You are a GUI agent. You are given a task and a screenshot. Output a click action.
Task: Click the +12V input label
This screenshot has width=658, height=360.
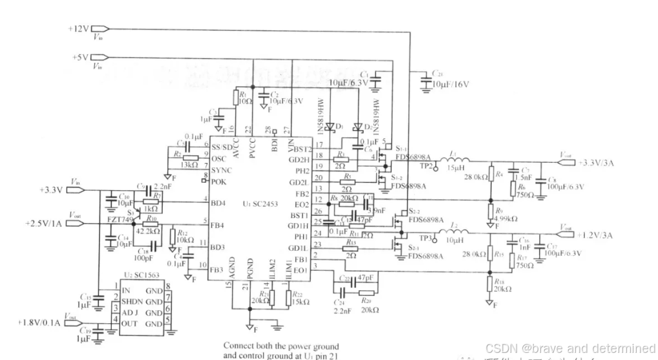(79, 28)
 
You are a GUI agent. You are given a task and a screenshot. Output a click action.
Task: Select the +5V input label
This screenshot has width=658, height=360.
(81, 57)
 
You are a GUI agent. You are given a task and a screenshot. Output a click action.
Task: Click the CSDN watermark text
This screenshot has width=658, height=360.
(569, 348)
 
